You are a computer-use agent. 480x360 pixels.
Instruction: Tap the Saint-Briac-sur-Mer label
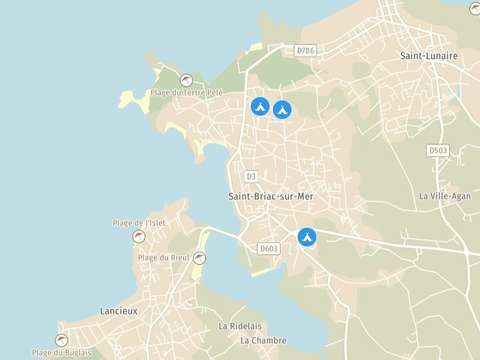[270, 196]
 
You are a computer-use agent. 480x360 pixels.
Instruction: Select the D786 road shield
[306, 49]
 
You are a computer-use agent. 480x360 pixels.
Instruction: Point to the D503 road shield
[438, 150]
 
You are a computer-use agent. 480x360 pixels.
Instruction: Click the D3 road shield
[251, 177]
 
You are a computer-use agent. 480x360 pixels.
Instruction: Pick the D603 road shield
[267, 248]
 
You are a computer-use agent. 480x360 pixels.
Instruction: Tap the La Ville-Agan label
[444, 196]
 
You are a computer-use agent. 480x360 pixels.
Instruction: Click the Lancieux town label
[120, 311]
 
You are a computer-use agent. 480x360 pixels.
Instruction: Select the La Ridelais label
[240, 326]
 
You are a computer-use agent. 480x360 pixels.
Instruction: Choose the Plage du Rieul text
[164, 258]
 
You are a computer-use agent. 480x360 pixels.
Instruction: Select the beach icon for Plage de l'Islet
[139, 236]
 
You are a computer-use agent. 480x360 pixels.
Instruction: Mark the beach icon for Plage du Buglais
[62, 339]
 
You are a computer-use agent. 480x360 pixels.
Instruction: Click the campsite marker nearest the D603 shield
[307, 237]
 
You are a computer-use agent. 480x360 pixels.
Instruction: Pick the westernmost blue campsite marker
[259, 106]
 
